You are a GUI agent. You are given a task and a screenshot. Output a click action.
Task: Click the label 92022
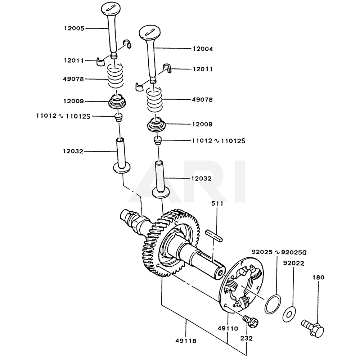(293, 263)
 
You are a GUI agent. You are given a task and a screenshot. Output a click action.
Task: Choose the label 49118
(186, 341)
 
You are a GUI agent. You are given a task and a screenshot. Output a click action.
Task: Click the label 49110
(228, 328)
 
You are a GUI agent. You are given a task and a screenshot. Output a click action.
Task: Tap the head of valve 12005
(113, 8)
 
